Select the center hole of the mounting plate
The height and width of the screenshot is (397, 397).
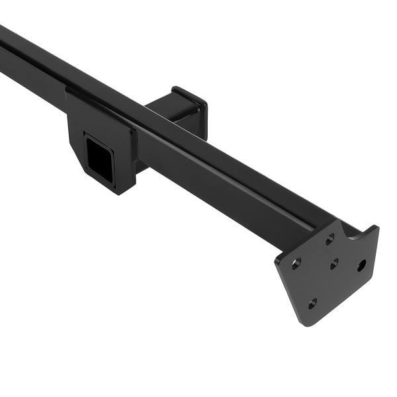[x=334, y=263]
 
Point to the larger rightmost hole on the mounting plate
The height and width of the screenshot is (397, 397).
[x=361, y=265]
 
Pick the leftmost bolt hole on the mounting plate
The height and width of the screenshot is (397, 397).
[x=297, y=263]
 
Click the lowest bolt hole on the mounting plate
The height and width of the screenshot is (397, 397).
[x=312, y=302]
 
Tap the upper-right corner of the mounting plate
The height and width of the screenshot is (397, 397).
[x=375, y=228]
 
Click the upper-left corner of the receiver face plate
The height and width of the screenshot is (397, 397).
[x=67, y=89]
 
